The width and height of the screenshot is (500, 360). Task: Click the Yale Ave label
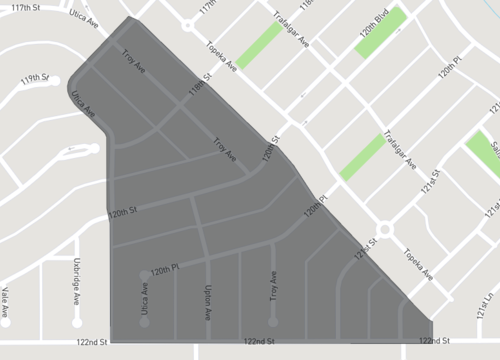pyautogui.click(x=6, y=297)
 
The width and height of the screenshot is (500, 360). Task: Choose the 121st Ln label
pyautogui.click(x=490, y=287)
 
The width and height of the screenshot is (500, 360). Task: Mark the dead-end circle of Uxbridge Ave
pyautogui.click(x=76, y=323)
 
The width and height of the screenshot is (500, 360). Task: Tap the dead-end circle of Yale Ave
pyautogui.click(x=6, y=322)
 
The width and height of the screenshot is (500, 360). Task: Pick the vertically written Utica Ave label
pyautogui.click(x=145, y=300)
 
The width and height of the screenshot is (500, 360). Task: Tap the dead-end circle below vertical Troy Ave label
pyautogui.click(x=272, y=322)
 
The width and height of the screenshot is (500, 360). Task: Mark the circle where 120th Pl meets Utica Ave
pyautogui.click(x=145, y=273)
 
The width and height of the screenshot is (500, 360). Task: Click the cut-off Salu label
pyautogui.click(x=495, y=150)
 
